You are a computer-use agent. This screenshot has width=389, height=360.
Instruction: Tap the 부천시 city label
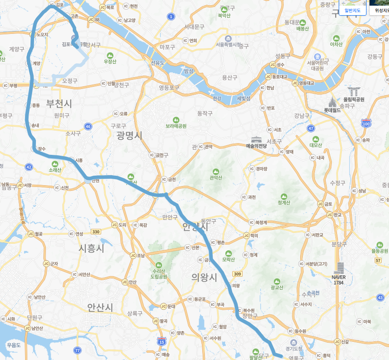coord(59,104)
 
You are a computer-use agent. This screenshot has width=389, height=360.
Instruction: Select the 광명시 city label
coord(129,135)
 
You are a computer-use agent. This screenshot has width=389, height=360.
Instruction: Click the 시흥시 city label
coord(91,248)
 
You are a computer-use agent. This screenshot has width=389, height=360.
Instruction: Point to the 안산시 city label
coord(100,308)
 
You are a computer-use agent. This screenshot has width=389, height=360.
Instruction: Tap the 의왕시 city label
coord(204,277)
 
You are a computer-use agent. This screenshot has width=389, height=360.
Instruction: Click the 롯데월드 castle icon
coord(333,103)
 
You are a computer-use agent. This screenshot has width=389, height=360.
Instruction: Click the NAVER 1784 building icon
coord(339,268)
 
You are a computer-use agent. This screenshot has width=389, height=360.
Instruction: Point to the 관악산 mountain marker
coord(215,171)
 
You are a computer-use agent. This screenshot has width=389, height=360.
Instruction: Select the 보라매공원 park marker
coord(176,120)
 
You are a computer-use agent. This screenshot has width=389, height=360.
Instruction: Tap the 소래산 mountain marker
coord(55,164)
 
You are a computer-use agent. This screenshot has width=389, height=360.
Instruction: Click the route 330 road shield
coord(96,232)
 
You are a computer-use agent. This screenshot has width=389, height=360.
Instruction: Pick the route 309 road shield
coord(237,274)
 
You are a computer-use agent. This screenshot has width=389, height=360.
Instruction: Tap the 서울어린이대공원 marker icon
coord(317,57)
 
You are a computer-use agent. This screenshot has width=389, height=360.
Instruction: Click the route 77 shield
coord(78,350)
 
